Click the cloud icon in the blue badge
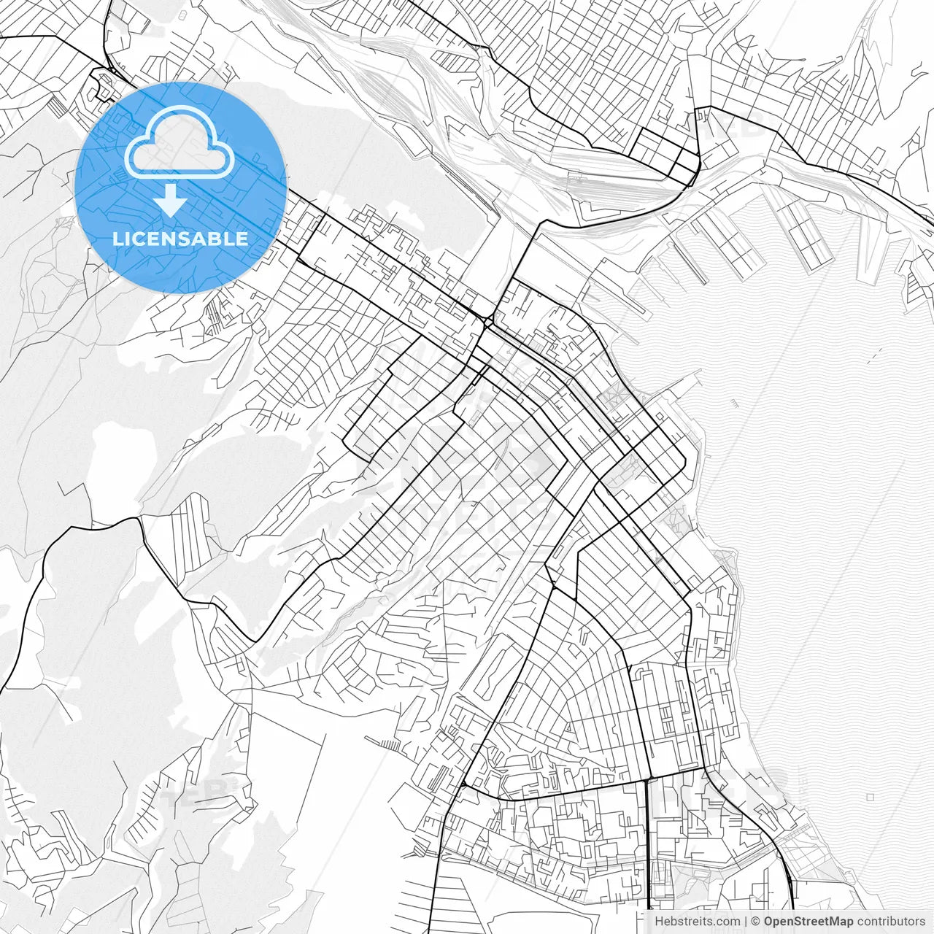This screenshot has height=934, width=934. click(180, 143)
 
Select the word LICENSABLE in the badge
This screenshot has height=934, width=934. click(180, 239)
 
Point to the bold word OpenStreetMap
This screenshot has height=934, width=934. click(808, 922)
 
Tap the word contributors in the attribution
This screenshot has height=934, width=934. click(890, 922)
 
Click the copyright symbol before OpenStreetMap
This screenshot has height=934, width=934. click(756, 922)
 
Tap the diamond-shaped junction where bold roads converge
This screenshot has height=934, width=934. click(487, 321)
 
